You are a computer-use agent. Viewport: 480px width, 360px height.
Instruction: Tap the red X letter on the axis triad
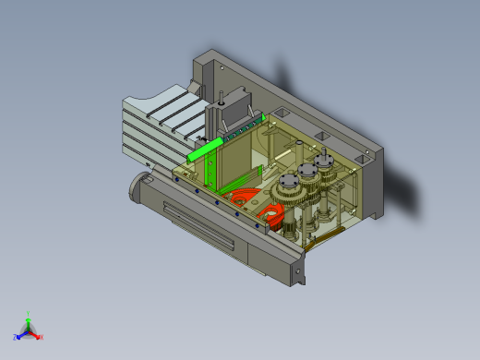point(42,337)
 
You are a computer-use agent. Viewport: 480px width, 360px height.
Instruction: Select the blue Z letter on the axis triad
point(16,337)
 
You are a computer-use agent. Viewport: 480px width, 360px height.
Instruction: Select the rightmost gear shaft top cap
point(324,159)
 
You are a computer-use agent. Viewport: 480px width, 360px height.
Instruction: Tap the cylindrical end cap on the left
point(138,189)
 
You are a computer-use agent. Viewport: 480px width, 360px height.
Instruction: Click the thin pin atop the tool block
point(222,95)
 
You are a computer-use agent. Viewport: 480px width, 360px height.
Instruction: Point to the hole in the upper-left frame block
point(222,67)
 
